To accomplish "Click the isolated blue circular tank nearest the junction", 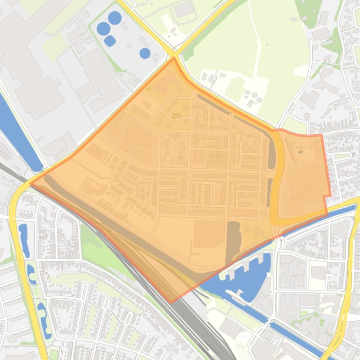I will point(145,53).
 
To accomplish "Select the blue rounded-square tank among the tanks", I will point(110,41).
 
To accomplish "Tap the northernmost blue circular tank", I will point(114,18).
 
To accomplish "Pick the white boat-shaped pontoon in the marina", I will point(234,293).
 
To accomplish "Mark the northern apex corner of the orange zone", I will point(174,58).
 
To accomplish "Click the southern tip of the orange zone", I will point(171,302).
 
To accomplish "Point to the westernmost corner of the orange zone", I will point(30,183).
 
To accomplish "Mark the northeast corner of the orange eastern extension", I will point(322,135).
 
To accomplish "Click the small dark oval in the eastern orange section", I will point(300,151).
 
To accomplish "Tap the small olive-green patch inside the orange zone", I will point(176,115).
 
